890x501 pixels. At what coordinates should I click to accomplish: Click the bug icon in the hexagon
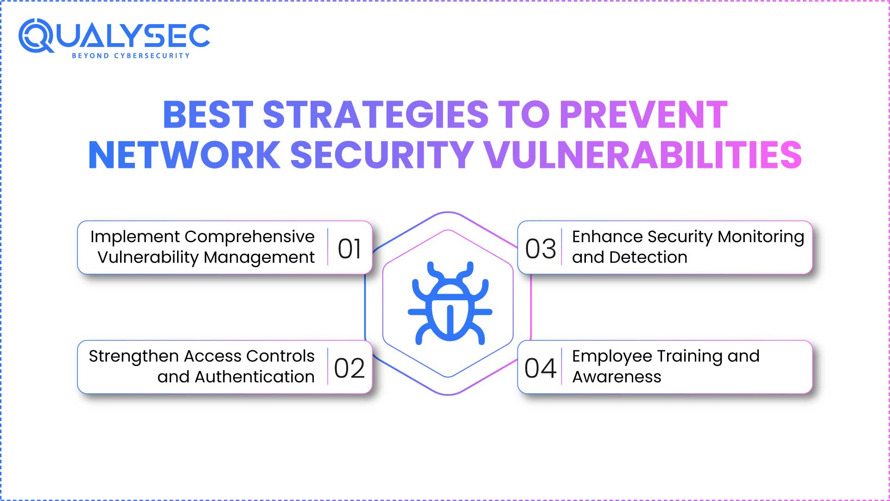449,304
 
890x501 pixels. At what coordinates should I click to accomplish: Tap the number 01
350,249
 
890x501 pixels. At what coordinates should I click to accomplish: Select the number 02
350,368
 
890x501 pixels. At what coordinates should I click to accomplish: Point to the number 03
540,249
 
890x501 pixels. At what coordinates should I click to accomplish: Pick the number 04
540,368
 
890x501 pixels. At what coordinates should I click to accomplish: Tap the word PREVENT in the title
643,115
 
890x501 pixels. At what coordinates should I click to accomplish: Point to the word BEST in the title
208,115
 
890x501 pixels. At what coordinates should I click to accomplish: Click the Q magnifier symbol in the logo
36,36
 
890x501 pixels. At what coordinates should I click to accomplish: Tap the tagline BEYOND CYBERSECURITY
131,56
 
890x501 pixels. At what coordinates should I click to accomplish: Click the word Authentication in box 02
254,377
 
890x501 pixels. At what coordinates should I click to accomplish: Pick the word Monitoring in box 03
761,237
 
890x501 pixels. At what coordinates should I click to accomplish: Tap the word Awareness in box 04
617,377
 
